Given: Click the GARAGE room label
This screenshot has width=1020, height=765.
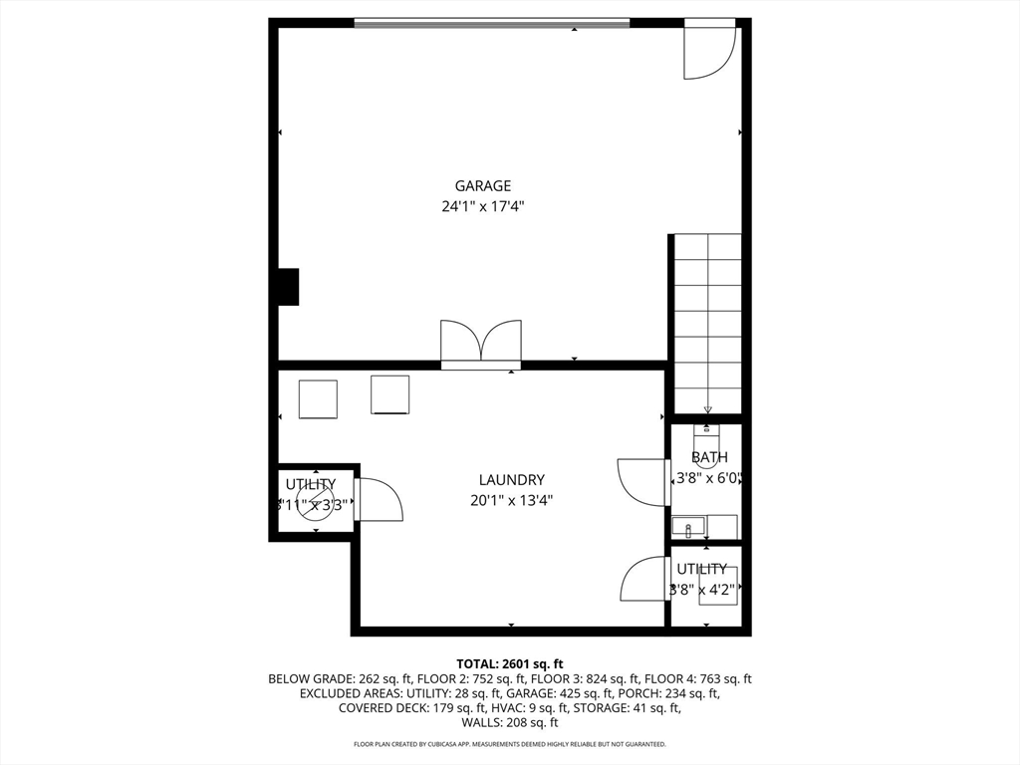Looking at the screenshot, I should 483,185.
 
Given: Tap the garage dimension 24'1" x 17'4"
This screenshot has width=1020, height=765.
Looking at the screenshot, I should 483,207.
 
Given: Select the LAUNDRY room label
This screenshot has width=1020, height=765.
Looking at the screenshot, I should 511,479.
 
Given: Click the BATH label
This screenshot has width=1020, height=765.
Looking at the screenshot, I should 709,458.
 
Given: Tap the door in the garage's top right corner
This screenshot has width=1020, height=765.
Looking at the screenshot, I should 708,50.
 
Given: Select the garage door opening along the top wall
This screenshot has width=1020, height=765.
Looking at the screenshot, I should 492,23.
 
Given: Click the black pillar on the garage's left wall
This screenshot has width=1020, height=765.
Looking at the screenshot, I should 288,287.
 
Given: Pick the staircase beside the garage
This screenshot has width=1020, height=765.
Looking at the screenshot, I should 707,324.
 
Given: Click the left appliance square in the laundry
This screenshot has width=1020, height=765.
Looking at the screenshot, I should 318,399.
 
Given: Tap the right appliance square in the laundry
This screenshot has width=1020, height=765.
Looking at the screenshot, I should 389,394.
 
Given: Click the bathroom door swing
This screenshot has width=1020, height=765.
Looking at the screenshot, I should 641,481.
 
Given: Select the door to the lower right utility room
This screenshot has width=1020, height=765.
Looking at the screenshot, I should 643,579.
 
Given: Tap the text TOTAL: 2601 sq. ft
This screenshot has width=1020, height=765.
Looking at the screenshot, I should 510,663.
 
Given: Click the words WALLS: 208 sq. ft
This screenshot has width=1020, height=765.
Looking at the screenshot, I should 510,722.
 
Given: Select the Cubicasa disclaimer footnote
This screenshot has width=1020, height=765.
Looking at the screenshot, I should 510,744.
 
